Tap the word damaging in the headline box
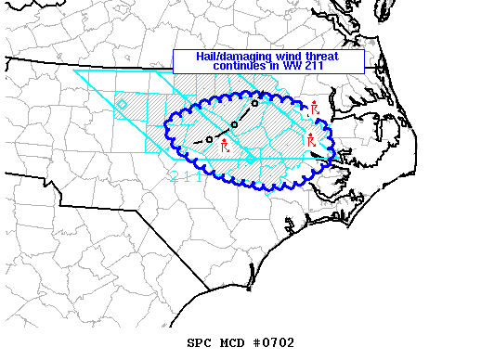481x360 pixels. pos(244,57)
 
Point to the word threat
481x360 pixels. pos(322,57)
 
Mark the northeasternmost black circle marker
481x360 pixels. pos(255,103)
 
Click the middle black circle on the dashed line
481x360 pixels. pos(234,124)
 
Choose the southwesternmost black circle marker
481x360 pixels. pos(210,139)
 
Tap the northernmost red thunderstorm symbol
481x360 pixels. pos(315,108)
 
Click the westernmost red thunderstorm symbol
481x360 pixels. pos(224,146)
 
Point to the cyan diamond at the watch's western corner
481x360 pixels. pos(122,104)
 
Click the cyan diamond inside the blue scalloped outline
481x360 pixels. pos(250,161)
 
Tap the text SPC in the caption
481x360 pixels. pos(200,342)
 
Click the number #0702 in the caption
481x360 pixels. pos(274,342)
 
